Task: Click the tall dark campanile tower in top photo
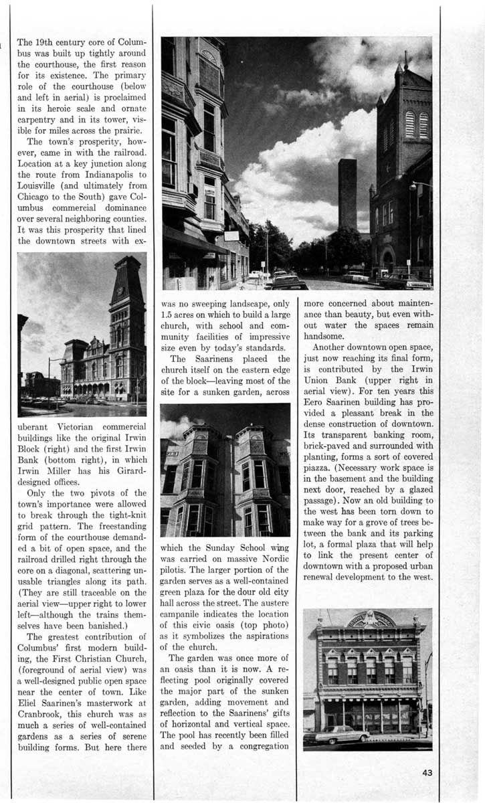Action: click(347, 194)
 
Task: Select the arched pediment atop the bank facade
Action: click(367, 619)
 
